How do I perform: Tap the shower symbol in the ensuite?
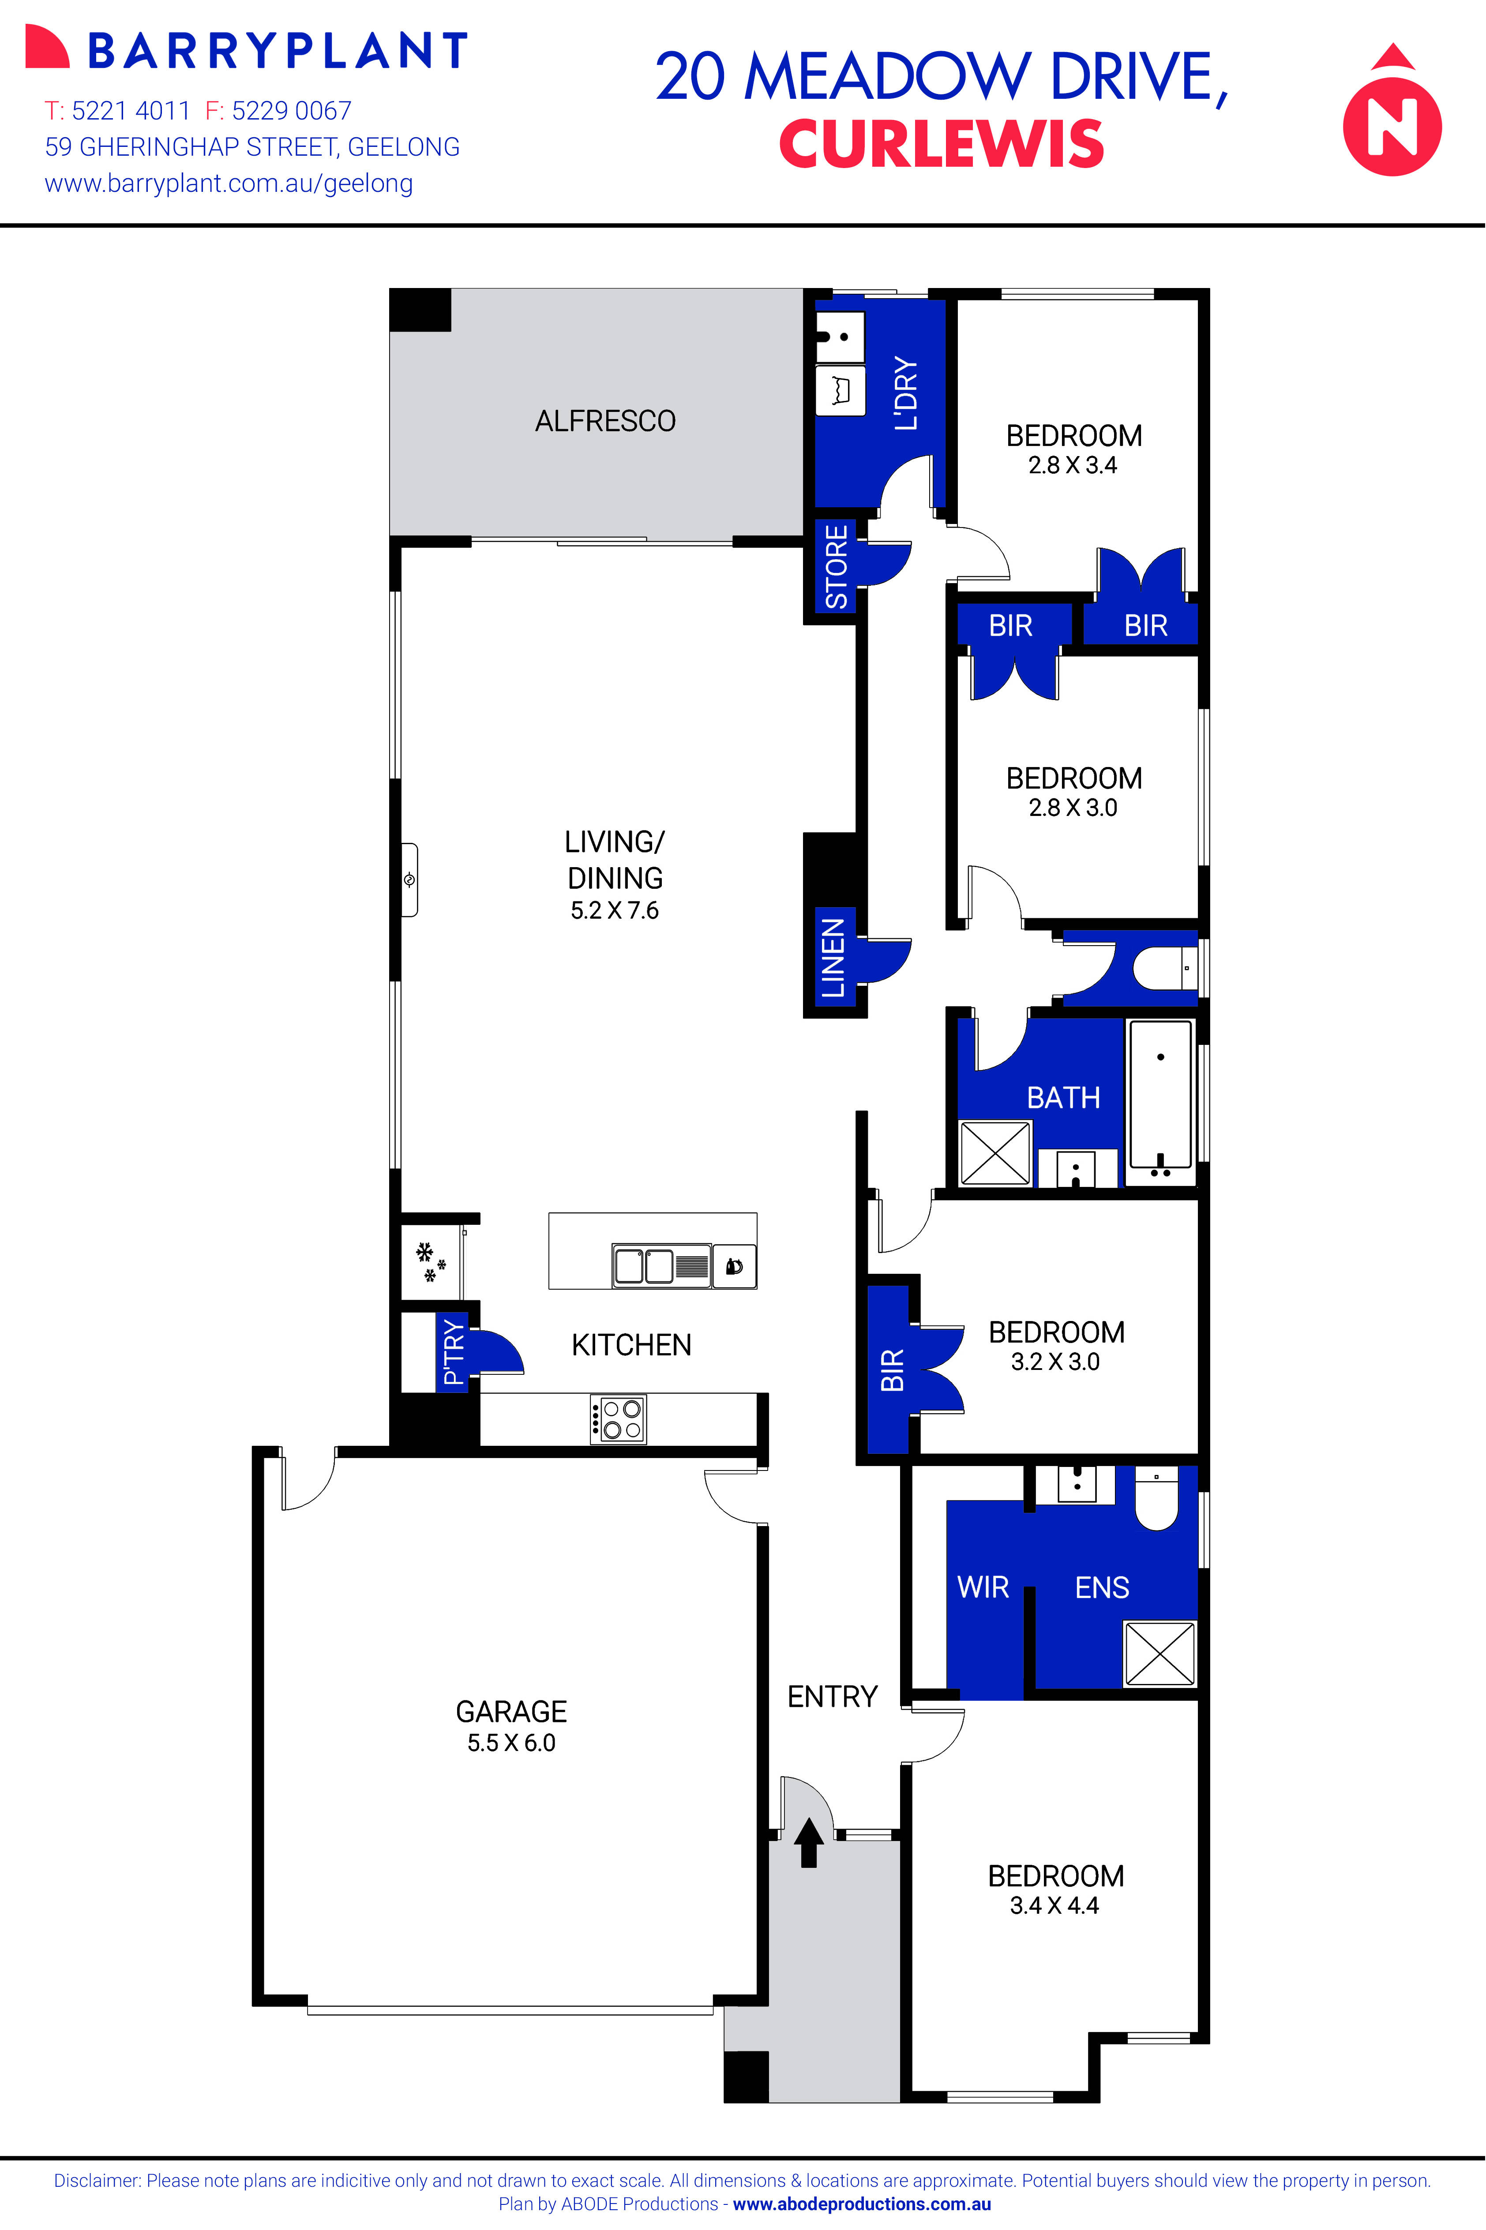[1159, 1653]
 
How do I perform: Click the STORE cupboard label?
[836, 566]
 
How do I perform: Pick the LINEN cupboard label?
[832, 958]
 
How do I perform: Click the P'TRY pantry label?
[454, 1352]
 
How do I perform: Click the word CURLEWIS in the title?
[941, 144]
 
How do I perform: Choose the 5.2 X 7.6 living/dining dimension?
[614, 910]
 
